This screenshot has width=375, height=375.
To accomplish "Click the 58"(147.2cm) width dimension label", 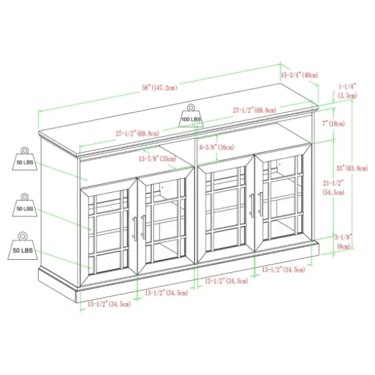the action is pos(160,87).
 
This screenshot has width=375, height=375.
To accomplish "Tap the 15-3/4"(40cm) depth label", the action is pos(299,75).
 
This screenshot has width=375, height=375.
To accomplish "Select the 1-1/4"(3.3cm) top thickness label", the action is pos(347,91).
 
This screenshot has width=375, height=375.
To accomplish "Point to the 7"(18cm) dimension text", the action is pos(333,123).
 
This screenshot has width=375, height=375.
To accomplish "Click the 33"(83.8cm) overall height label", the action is pos(352,168).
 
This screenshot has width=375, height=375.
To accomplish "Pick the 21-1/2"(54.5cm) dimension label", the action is pos(333,187).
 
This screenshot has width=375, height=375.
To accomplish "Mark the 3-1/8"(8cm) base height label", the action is pos(343,242).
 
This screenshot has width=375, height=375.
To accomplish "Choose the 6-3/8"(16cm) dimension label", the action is pos(217,147).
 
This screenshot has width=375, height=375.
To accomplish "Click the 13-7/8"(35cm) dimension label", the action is pos(157,158).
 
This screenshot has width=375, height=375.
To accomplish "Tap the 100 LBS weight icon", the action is pos(191,116).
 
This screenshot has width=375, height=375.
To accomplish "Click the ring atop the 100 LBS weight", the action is pos(191,107).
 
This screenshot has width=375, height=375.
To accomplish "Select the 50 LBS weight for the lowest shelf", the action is pos(23,246).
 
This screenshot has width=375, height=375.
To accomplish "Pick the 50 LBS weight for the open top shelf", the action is pos(25,158).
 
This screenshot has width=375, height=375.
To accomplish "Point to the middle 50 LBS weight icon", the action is pos(25,205).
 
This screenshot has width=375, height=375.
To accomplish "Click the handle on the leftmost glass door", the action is pos(134,229).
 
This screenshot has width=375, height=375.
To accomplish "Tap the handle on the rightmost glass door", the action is pos(260,204).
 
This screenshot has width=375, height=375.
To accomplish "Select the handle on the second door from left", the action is pos(144,227).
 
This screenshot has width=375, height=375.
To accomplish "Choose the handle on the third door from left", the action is pos(252,206).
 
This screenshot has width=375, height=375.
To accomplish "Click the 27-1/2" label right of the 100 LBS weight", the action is pos(255,111).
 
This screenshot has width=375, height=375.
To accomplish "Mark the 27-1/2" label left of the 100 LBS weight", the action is pos(137,133).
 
